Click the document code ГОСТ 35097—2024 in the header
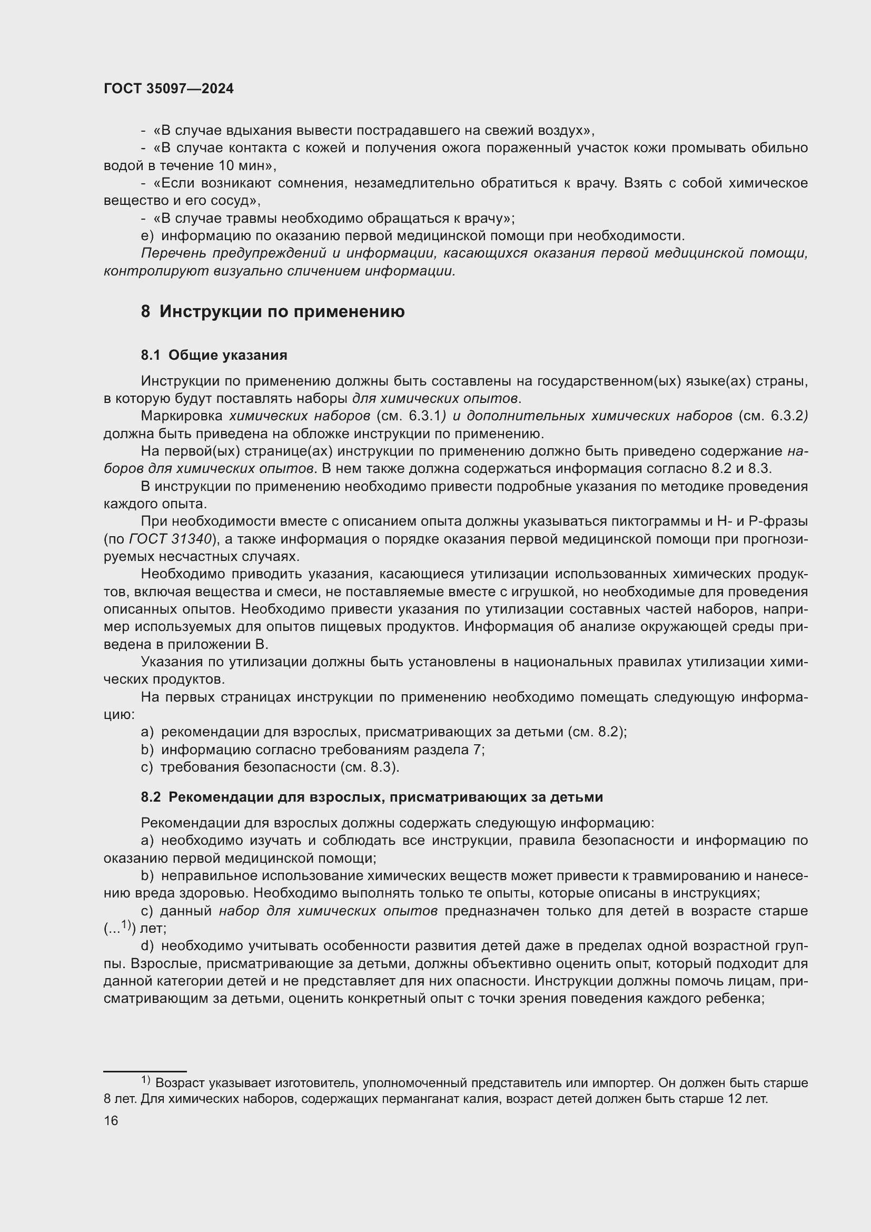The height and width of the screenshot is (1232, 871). tap(169, 89)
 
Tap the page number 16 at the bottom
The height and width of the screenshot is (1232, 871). tap(111, 1120)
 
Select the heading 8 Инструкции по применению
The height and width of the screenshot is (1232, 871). tap(272, 312)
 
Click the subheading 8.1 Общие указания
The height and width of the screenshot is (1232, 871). tap(214, 355)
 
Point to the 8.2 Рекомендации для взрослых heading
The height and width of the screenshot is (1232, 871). tap(372, 797)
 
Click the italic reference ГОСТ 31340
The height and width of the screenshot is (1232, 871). tap(170, 539)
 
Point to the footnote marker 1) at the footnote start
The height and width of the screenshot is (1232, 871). tap(146, 1080)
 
